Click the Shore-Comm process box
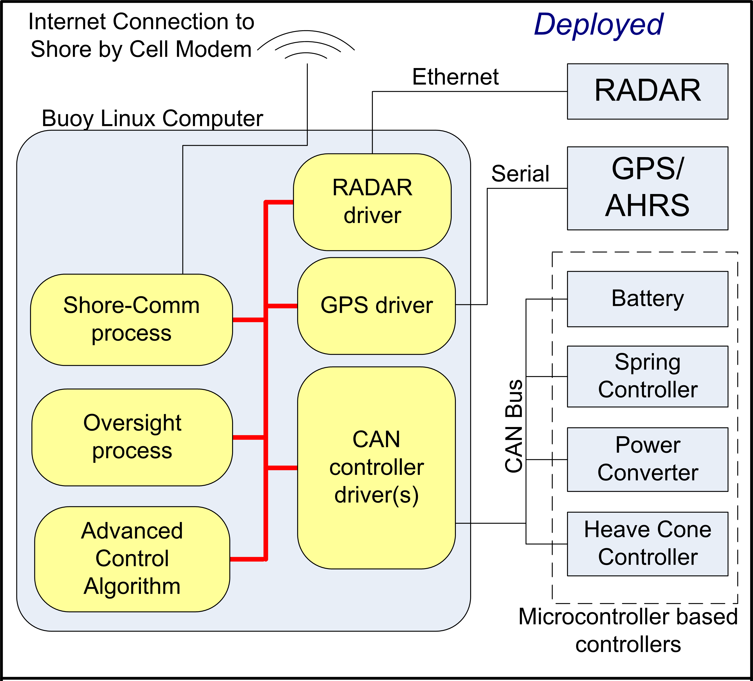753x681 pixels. (x=131, y=320)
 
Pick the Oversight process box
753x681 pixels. (x=132, y=437)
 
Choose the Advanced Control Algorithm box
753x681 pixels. (x=132, y=559)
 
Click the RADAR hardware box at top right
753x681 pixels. (x=647, y=91)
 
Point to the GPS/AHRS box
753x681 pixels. (x=647, y=188)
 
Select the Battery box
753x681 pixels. (x=647, y=299)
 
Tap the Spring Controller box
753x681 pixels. (x=647, y=376)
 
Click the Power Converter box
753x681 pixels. (x=647, y=459)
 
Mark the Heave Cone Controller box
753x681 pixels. (x=647, y=544)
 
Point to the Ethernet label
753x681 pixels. (x=455, y=77)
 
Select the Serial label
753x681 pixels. (x=520, y=174)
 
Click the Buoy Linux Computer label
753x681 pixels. (x=152, y=119)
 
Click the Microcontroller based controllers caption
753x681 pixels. (x=628, y=630)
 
